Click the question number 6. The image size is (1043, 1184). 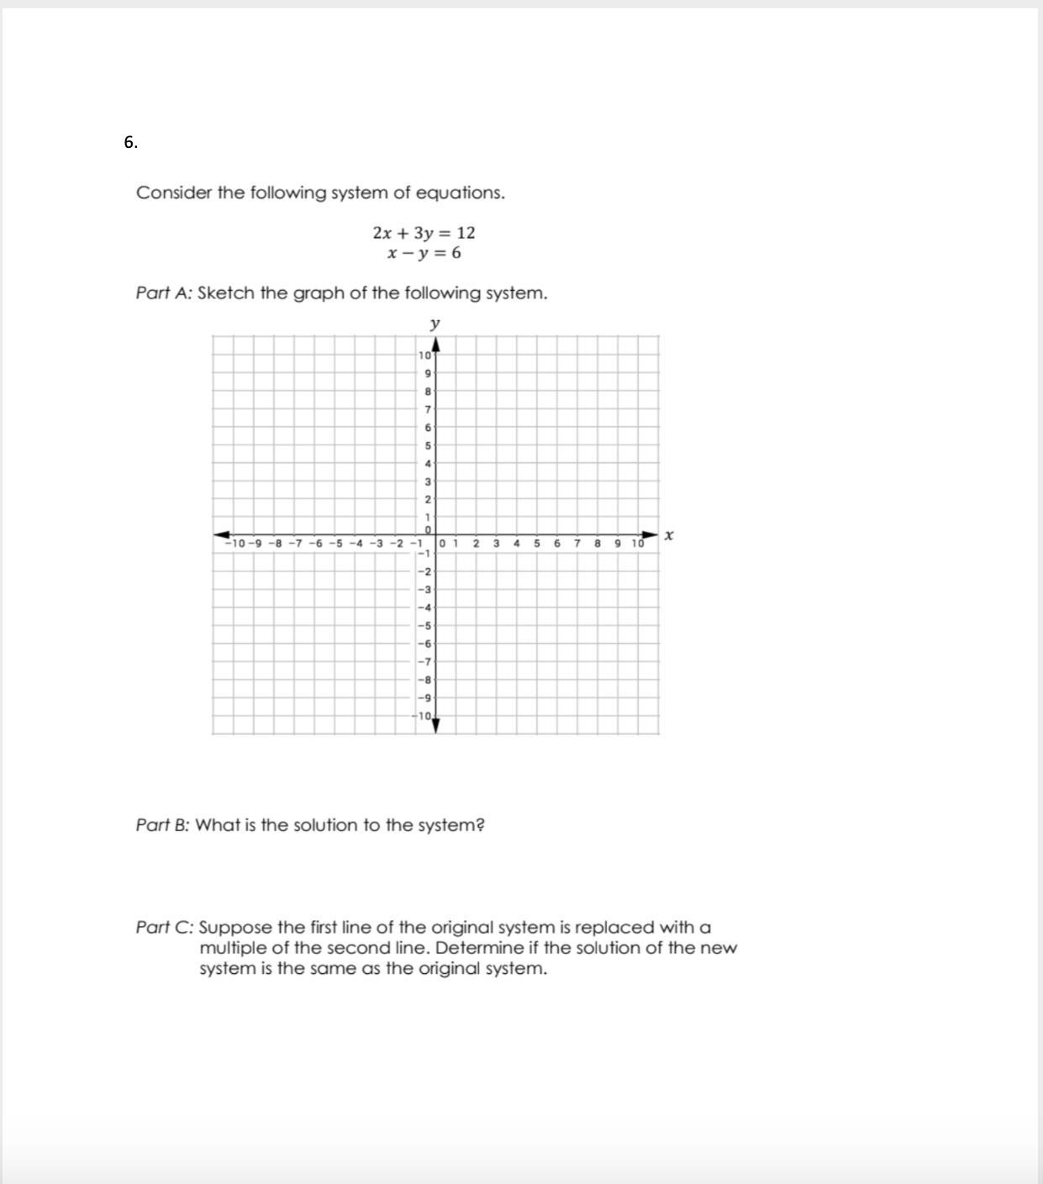click(130, 143)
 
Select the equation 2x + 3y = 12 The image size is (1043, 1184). click(424, 233)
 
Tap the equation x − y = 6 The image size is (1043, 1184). click(424, 253)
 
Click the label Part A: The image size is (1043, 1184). click(165, 293)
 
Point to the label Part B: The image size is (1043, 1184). click(164, 825)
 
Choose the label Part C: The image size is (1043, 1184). click(165, 928)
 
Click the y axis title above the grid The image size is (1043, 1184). click(435, 324)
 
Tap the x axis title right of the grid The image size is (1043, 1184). click(669, 534)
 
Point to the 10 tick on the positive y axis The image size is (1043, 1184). click(423, 356)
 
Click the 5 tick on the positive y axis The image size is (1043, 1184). click(428, 445)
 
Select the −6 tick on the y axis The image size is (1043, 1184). click(424, 644)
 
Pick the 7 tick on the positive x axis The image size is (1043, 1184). click(577, 544)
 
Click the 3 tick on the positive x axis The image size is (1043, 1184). click(496, 544)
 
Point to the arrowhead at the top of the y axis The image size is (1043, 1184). click(435, 345)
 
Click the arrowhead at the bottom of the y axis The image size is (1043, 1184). click(435, 725)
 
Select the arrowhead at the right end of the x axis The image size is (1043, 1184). click(650, 534)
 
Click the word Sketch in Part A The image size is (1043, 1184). click(225, 293)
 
